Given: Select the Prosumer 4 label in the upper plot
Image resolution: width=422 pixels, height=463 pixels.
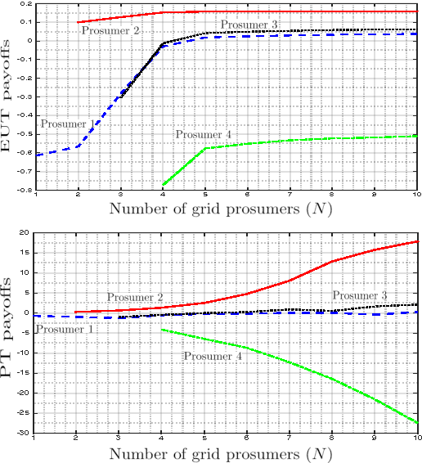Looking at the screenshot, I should pyautogui.click(x=203, y=134).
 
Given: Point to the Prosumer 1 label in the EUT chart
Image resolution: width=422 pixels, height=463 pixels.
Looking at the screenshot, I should pyautogui.click(x=63, y=124).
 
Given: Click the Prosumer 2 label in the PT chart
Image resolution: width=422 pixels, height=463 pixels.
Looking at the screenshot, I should pyautogui.click(x=135, y=296).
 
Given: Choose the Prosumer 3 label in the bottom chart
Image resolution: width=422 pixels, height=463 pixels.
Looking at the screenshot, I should pyautogui.click(x=359, y=294).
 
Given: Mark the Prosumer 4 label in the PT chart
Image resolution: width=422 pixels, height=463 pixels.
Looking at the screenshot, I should pyautogui.click(x=212, y=356).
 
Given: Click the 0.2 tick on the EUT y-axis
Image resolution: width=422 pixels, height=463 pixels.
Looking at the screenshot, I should pyautogui.click(x=27, y=4).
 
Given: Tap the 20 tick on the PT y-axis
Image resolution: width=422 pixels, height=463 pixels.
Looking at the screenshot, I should pyautogui.click(x=27, y=232).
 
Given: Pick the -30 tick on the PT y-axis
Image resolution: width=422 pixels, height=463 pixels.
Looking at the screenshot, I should pyautogui.click(x=25, y=433).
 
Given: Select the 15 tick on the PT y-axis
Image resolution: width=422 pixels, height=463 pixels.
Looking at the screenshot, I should pyautogui.click(x=27, y=253).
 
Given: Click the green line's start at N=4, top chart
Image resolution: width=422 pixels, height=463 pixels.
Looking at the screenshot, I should pyautogui.click(x=164, y=185).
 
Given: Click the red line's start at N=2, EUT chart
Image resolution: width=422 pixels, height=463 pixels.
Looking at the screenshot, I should pyautogui.click(x=78, y=22).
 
